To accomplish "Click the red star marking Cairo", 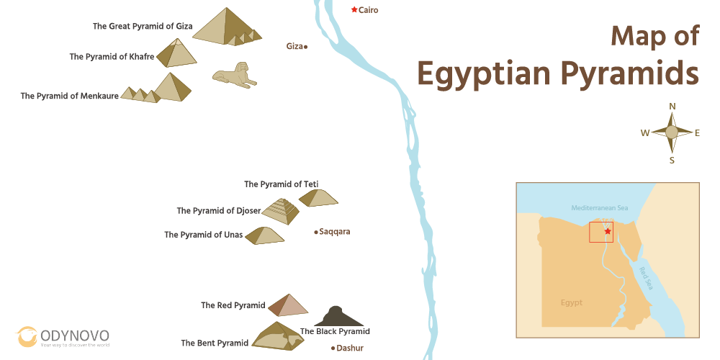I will pyautogui.click(x=354, y=9).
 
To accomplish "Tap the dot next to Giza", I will pyautogui.click(x=306, y=46).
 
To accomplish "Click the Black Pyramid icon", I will pyautogui.click(x=333, y=317).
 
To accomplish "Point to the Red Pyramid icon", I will pyautogui.click(x=288, y=306).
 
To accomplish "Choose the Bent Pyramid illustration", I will pyautogui.click(x=275, y=336).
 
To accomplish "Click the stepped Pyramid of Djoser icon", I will pyautogui.click(x=281, y=212).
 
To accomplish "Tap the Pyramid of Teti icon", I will pyautogui.click(x=318, y=197).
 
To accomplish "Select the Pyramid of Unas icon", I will pyautogui.click(x=264, y=235).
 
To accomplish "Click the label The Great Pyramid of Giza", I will pyautogui.click(x=143, y=26).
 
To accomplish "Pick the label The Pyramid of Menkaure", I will pyautogui.click(x=69, y=96).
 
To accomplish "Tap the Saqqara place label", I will pyautogui.click(x=334, y=232).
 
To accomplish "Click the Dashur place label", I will pyautogui.click(x=349, y=348).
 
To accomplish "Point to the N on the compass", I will pyautogui.click(x=672, y=107).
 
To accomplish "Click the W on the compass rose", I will pyautogui.click(x=645, y=132).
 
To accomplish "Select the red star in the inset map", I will pyautogui.click(x=608, y=231).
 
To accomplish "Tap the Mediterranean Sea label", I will pyautogui.click(x=599, y=208).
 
